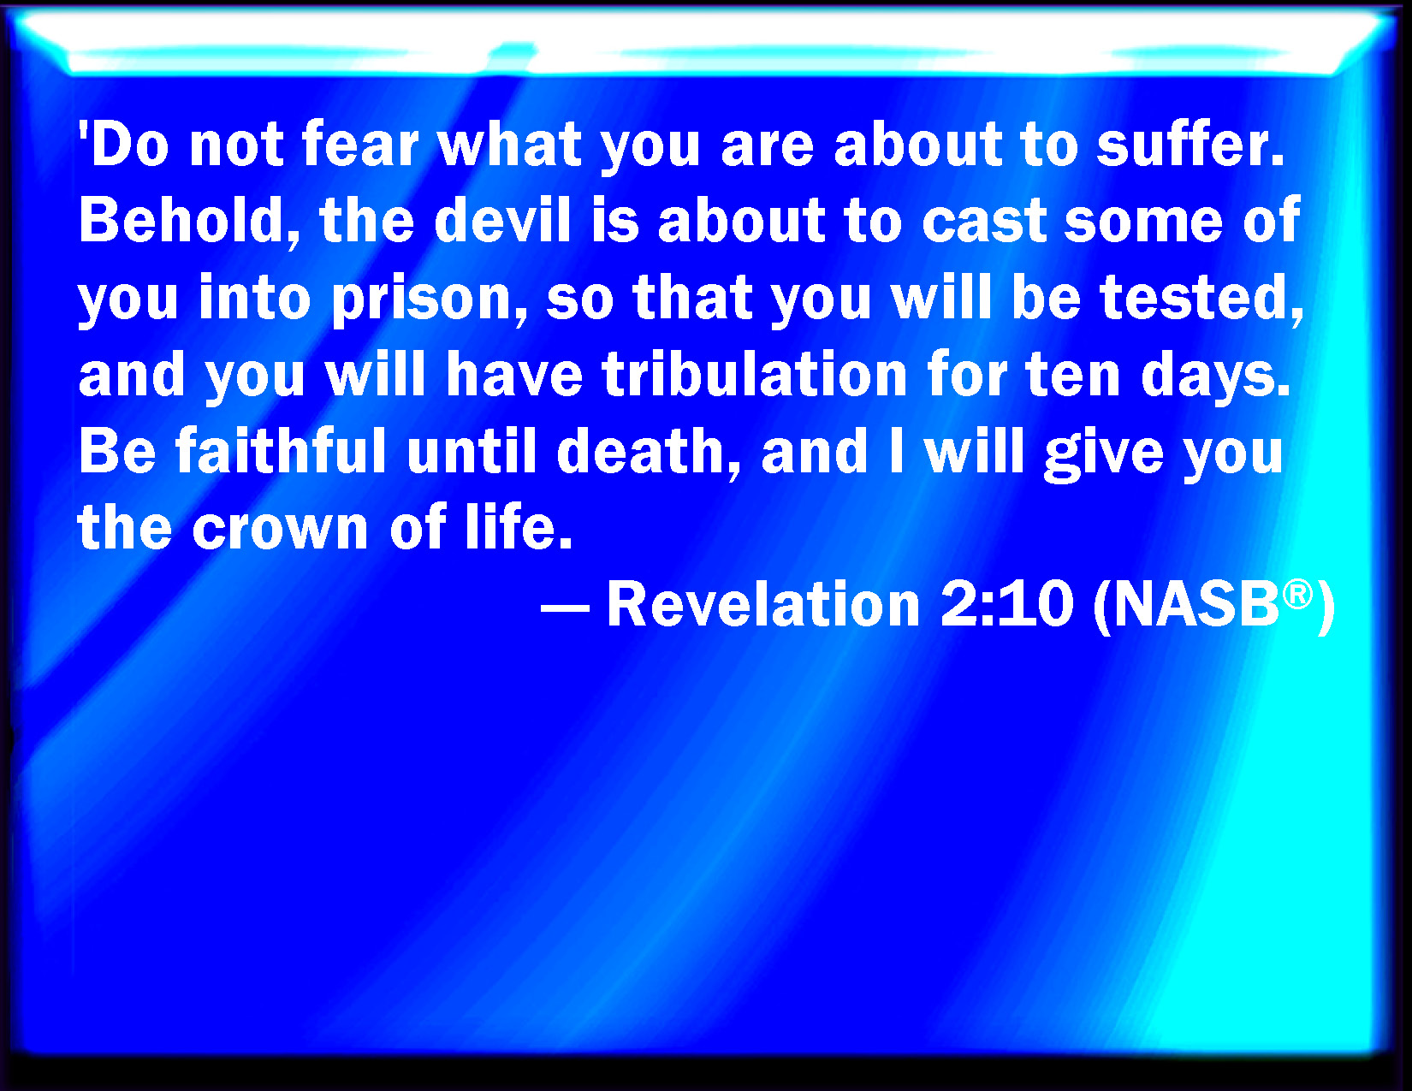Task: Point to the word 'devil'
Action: (x=501, y=221)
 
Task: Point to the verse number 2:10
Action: (x=1006, y=604)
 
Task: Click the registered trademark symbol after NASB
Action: (x=1297, y=593)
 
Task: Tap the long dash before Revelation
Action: (x=566, y=608)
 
